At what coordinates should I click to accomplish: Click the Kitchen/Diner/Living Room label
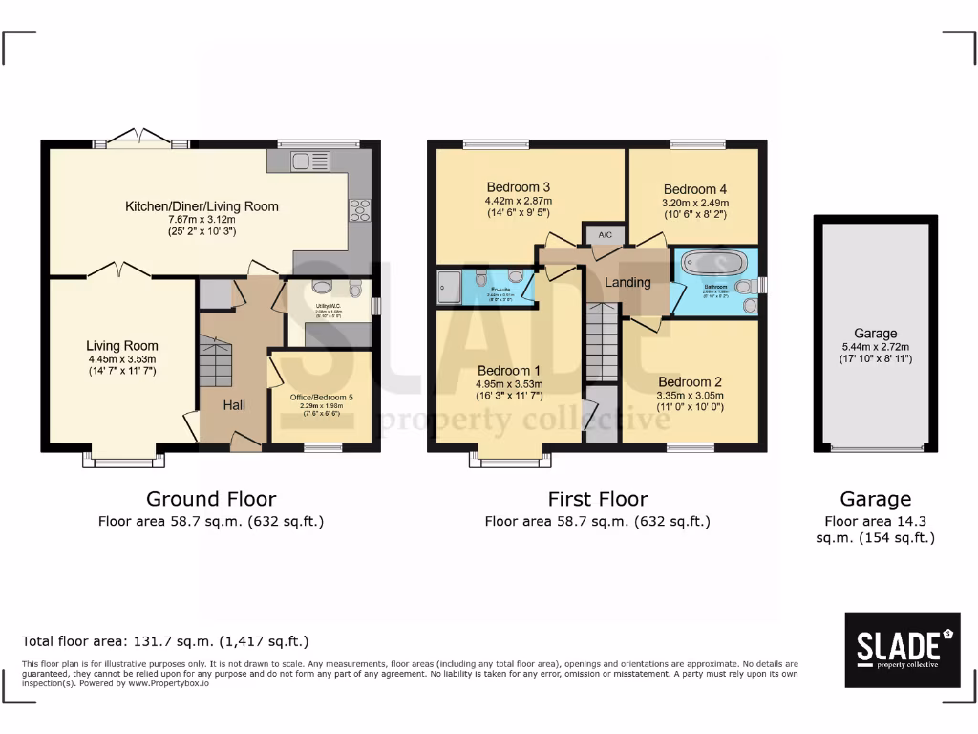point(202,205)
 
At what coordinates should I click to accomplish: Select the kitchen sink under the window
point(307,159)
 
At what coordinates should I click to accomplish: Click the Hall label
point(234,405)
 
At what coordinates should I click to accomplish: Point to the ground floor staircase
point(216,360)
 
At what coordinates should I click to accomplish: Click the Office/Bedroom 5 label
point(321,397)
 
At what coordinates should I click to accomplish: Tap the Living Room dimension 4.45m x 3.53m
point(121,359)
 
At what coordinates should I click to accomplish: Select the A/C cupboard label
point(605,234)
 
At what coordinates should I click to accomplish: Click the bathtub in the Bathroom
point(715,262)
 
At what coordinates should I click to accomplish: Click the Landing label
point(627,282)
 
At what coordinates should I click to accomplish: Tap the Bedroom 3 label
point(518,186)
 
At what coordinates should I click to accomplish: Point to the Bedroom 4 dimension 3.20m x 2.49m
point(695,203)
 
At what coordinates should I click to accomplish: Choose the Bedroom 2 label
point(690,382)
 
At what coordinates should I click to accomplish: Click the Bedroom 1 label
point(509,371)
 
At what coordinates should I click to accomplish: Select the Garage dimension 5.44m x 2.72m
point(875,347)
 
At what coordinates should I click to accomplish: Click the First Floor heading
point(597,499)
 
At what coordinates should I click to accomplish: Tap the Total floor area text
point(165,641)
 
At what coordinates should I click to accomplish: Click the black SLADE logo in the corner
point(903,650)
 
